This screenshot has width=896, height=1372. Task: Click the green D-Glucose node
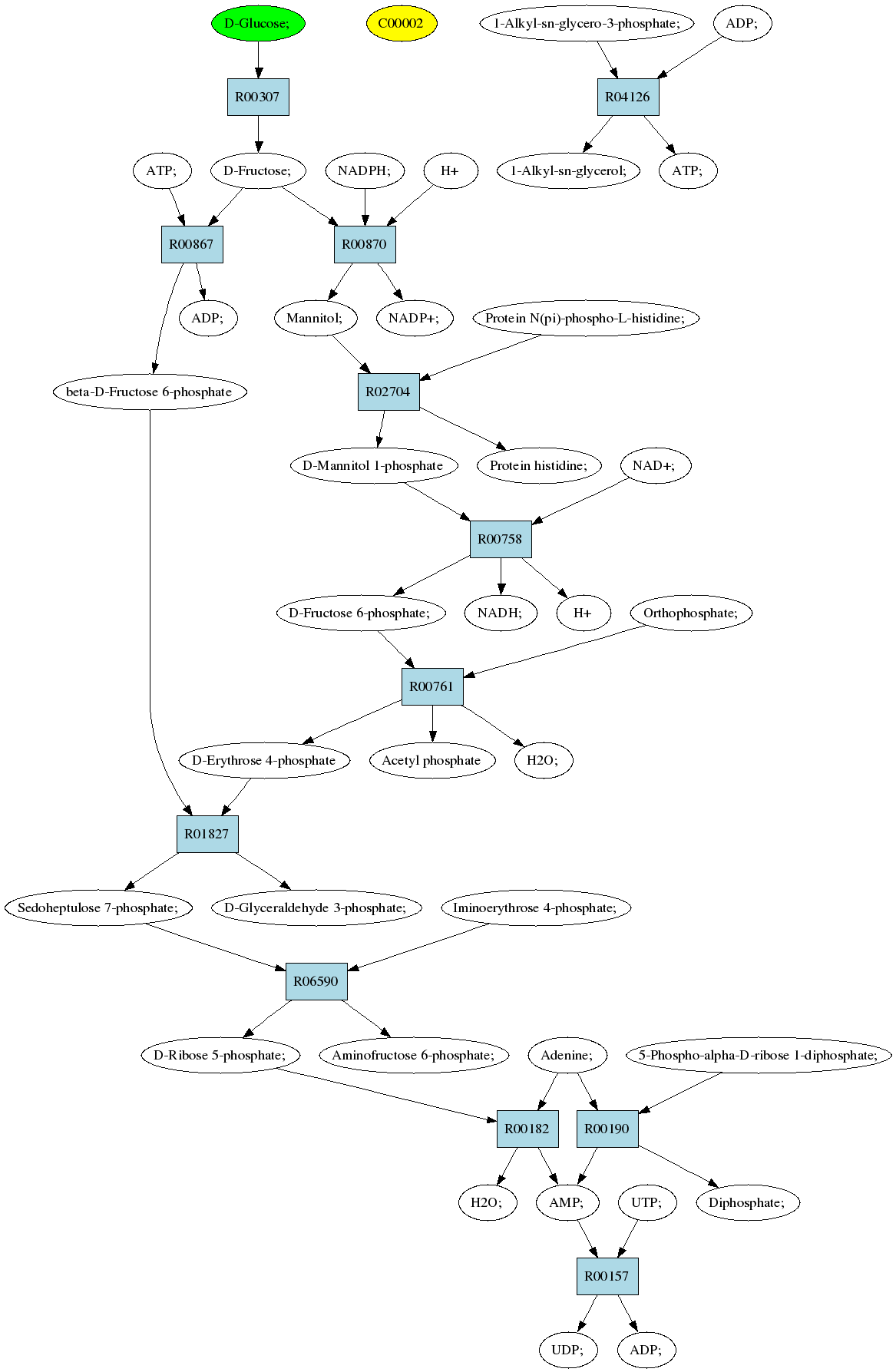point(258,23)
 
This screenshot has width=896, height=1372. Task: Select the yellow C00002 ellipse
point(401,23)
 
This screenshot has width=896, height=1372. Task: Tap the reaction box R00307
point(258,97)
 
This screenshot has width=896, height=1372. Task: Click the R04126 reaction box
point(628,97)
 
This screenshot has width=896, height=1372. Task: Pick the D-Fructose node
point(258,170)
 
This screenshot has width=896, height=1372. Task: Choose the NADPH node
point(365,170)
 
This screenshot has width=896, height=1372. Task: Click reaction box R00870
point(365,244)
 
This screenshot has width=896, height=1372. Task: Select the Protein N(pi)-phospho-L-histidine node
point(586,318)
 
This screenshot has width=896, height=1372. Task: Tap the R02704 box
point(388,392)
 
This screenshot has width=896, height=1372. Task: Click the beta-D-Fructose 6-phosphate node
point(150,392)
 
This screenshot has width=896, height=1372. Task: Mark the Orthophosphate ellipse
point(691,613)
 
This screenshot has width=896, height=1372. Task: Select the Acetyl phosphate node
point(431,760)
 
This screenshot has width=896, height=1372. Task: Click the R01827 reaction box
point(207,834)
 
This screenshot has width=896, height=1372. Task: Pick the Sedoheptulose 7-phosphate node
point(98,908)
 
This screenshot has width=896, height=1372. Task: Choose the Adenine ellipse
point(567,1055)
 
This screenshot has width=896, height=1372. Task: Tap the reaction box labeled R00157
point(607,1276)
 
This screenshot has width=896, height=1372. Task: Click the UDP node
point(567,1350)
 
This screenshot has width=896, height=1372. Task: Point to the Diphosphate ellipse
point(748,1202)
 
